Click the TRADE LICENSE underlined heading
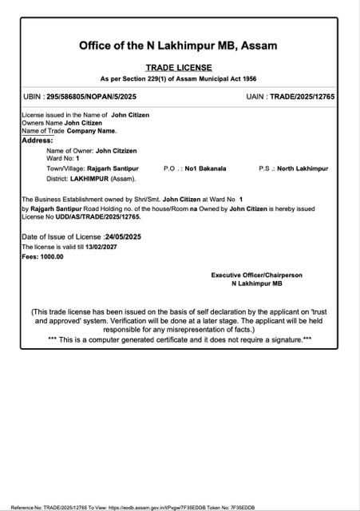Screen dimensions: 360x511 pyautogui.click(x=180, y=69)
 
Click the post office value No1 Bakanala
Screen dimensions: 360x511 pyautogui.click(x=206, y=168)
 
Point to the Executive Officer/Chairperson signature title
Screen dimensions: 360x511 pyautogui.click(x=256, y=275)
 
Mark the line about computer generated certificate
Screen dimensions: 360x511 pyautogui.click(x=180, y=339)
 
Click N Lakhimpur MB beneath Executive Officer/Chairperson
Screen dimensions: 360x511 pyautogui.click(x=256, y=283)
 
